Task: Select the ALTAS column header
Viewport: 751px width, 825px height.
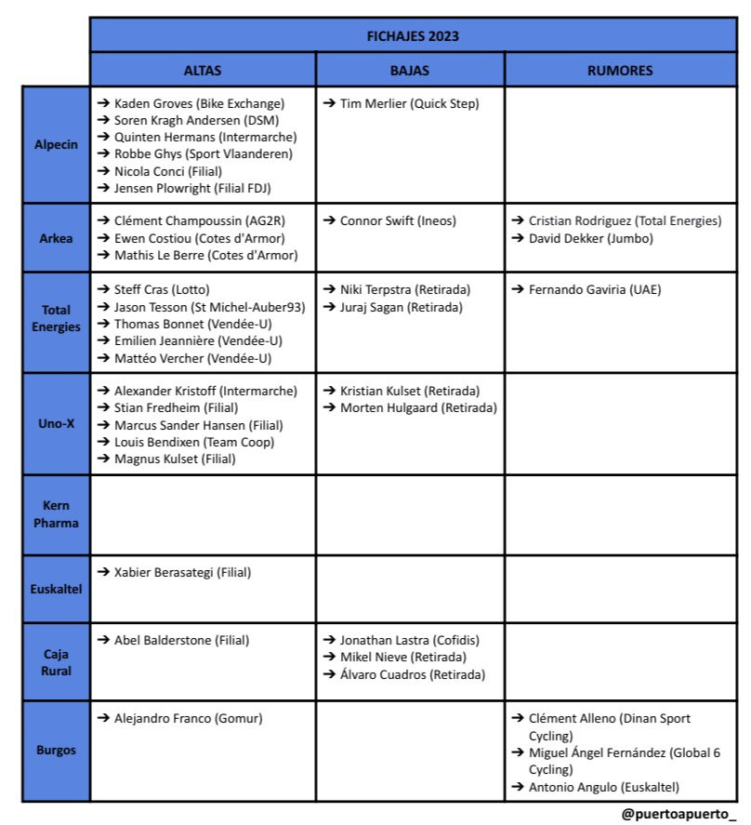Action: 203,70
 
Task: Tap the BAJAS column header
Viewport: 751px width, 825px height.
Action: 410,70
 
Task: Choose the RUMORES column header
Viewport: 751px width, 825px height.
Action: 620,70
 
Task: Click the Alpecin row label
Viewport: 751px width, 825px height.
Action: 56,145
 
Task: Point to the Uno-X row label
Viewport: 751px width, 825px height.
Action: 56,424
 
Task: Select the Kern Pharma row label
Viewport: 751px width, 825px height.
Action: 56,514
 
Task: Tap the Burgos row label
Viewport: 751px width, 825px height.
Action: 56,750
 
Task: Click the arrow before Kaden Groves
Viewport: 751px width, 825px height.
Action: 103,103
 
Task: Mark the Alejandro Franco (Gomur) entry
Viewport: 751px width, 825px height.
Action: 188,718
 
